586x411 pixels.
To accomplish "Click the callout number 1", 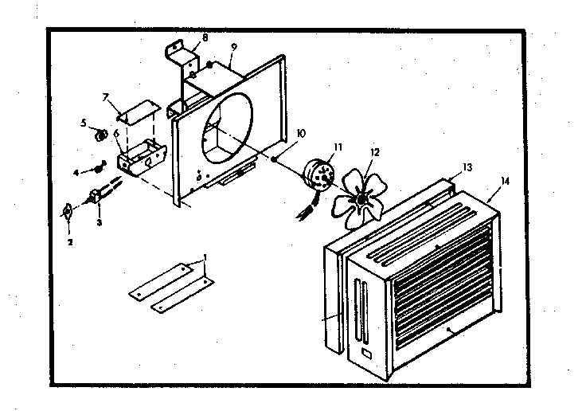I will pos(205,258).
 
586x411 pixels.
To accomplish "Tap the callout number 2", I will pos(69,241).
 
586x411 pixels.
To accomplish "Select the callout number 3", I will pos(99,224).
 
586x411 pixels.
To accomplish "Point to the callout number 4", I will pos(76,172).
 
